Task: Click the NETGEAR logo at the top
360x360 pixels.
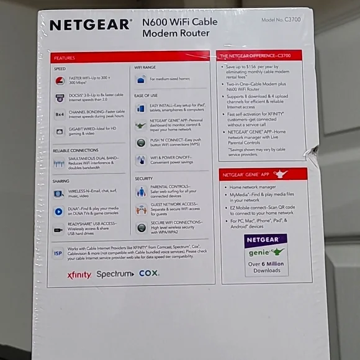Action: tap(90, 25)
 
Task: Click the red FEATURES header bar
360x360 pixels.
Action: tap(130, 57)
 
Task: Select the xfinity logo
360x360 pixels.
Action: tap(79, 275)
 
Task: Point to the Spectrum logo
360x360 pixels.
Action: tap(115, 274)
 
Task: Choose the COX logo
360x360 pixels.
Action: tap(149, 273)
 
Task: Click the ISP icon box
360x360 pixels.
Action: tap(58, 254)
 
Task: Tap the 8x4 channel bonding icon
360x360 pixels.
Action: tap(60, 114)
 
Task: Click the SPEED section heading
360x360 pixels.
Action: tap(60, 69)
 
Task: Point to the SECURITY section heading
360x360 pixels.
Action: tap(144, 178)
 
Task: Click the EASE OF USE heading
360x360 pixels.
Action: tap(146, 96)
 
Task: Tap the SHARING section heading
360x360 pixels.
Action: tap(61, 181)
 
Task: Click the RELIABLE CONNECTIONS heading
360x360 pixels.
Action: tap(75, 150)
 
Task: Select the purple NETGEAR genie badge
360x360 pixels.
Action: tap(265, 246)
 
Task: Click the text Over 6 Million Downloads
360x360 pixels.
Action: tap(265, 267)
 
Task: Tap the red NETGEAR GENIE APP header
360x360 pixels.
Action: tap(263, 174)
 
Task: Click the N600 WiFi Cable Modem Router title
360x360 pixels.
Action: tap(180, 28)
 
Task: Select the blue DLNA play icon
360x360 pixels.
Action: tap(59, 211)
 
